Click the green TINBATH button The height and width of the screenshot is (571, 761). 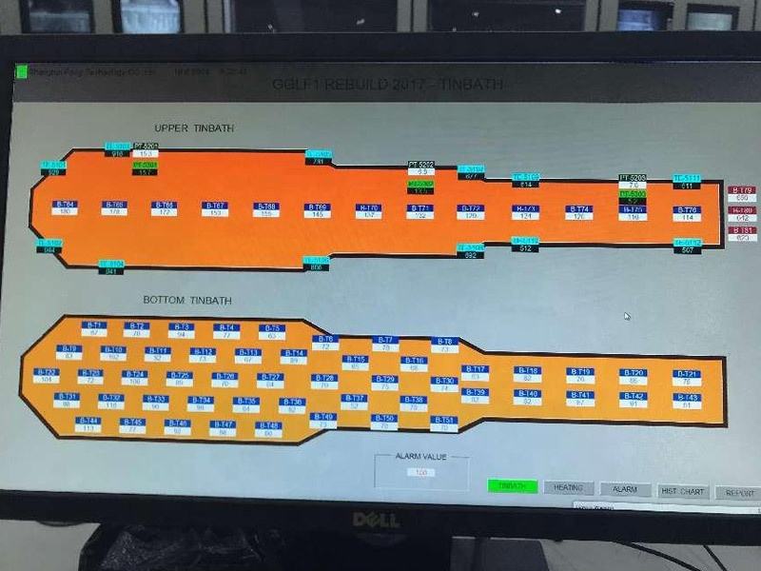[512, 486]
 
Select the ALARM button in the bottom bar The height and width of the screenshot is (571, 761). [625, 489]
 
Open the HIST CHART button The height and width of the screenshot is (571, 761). [682, 491]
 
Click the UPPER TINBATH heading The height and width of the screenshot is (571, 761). [194, 128]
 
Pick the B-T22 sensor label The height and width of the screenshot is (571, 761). [47, 372]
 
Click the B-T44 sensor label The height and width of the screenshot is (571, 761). [88, 421]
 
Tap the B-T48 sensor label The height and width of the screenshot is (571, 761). [268, 425]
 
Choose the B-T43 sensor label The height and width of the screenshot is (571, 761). [687, 397]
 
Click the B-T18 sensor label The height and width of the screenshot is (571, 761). [528, 370]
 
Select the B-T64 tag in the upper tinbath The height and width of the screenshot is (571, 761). [65, 205]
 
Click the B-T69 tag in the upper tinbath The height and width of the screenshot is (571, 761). [318, 207]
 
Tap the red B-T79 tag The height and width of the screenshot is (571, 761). [742, 190]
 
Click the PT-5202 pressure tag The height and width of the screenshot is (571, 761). [420, 165]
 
